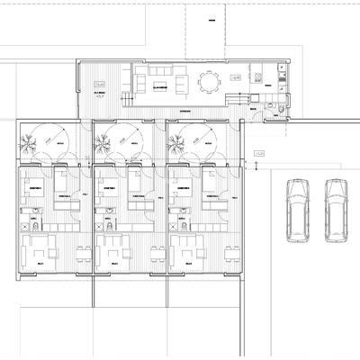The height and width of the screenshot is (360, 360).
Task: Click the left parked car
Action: click(x=297, y=210)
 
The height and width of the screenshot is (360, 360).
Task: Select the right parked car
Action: click(x=336, y=210)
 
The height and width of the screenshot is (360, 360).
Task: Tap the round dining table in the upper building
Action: click(x=210, y=83)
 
